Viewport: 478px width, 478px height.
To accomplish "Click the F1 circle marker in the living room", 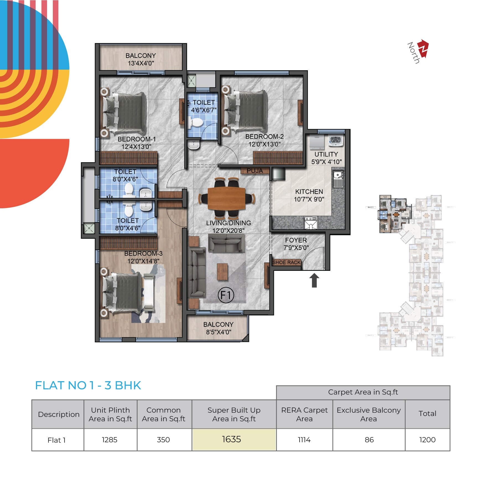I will click(226, 295).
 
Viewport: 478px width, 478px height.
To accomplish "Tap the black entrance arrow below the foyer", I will click(314, 280).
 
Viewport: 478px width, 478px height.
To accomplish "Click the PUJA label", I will click(255, 171).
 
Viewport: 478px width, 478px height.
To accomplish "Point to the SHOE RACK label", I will click(286, 262).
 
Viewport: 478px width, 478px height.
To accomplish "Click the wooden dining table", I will click(226, 199).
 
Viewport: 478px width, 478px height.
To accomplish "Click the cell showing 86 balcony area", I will click(369, 440).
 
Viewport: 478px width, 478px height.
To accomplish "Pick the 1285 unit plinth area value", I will click(110, 440).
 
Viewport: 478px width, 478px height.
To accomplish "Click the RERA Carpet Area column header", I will click(304, 414).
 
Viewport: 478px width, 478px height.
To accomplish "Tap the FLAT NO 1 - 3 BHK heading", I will click(88, 385).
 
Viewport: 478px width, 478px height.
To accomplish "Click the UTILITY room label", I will click(326, 154).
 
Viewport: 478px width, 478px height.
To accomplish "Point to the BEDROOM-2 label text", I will click(264, 136).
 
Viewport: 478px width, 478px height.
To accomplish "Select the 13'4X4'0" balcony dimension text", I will click(141, 63).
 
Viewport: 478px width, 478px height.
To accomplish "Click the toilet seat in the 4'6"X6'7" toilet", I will click(196, 122).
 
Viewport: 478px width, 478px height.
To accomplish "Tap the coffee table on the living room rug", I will click(222, 272).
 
